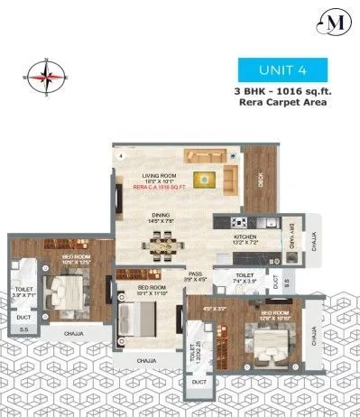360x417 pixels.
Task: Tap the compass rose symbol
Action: tap(44, 77)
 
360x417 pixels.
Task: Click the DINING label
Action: tap(164, 213)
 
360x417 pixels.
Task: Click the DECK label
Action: tap(261, 180)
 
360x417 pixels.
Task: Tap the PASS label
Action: tap(195, 274)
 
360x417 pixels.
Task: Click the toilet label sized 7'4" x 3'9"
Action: tap(247, 277)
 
